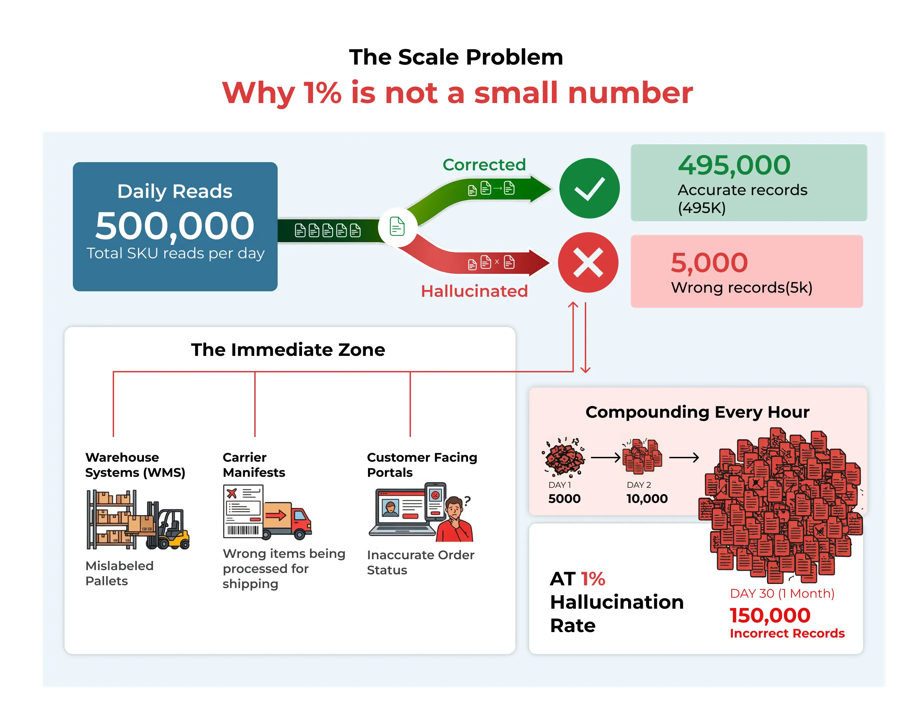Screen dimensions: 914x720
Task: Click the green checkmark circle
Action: point(589,189)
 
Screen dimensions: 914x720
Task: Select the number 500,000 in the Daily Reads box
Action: point(175,226)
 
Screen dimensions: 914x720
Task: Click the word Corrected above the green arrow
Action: point(484,165)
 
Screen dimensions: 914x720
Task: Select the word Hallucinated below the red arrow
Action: point(474,291)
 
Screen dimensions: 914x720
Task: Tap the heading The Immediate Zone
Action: point(288,349)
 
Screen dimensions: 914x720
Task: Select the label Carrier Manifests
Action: point(254,464)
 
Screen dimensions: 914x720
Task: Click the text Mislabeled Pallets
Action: point(119,573)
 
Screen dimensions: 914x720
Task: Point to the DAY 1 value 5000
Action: point(564,499)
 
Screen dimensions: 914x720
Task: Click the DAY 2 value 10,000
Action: point(647,499)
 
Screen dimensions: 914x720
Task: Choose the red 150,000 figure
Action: point(770,616)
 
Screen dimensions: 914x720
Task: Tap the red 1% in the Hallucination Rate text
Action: point(593,579)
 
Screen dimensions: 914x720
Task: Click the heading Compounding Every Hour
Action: point(697,412)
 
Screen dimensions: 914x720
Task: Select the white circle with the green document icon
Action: point(397,227)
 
